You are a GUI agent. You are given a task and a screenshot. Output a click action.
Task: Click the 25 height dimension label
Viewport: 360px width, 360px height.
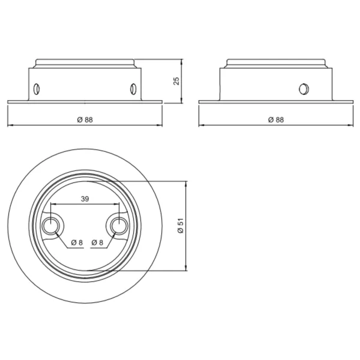point(176,81)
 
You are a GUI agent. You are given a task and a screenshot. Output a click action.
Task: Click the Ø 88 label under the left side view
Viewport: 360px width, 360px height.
point(85,119)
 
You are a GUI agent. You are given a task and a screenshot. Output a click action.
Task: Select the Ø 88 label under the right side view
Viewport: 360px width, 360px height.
point(276,119)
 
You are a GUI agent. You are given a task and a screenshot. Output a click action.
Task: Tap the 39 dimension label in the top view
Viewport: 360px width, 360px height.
point(85,199)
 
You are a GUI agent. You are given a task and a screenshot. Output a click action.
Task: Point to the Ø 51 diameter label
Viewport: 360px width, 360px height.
point(181,226)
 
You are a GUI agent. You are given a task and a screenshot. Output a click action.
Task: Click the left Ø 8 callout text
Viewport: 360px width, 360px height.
point(77,242)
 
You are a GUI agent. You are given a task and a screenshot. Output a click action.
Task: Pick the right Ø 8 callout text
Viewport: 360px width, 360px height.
point(97,242)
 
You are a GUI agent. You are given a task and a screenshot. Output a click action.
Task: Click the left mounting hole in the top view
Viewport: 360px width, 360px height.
point(50,226)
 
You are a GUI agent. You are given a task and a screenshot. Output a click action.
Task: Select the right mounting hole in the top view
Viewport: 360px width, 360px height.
point(119,226)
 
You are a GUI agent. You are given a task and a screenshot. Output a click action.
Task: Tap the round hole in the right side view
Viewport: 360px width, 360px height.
point(304,89)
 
